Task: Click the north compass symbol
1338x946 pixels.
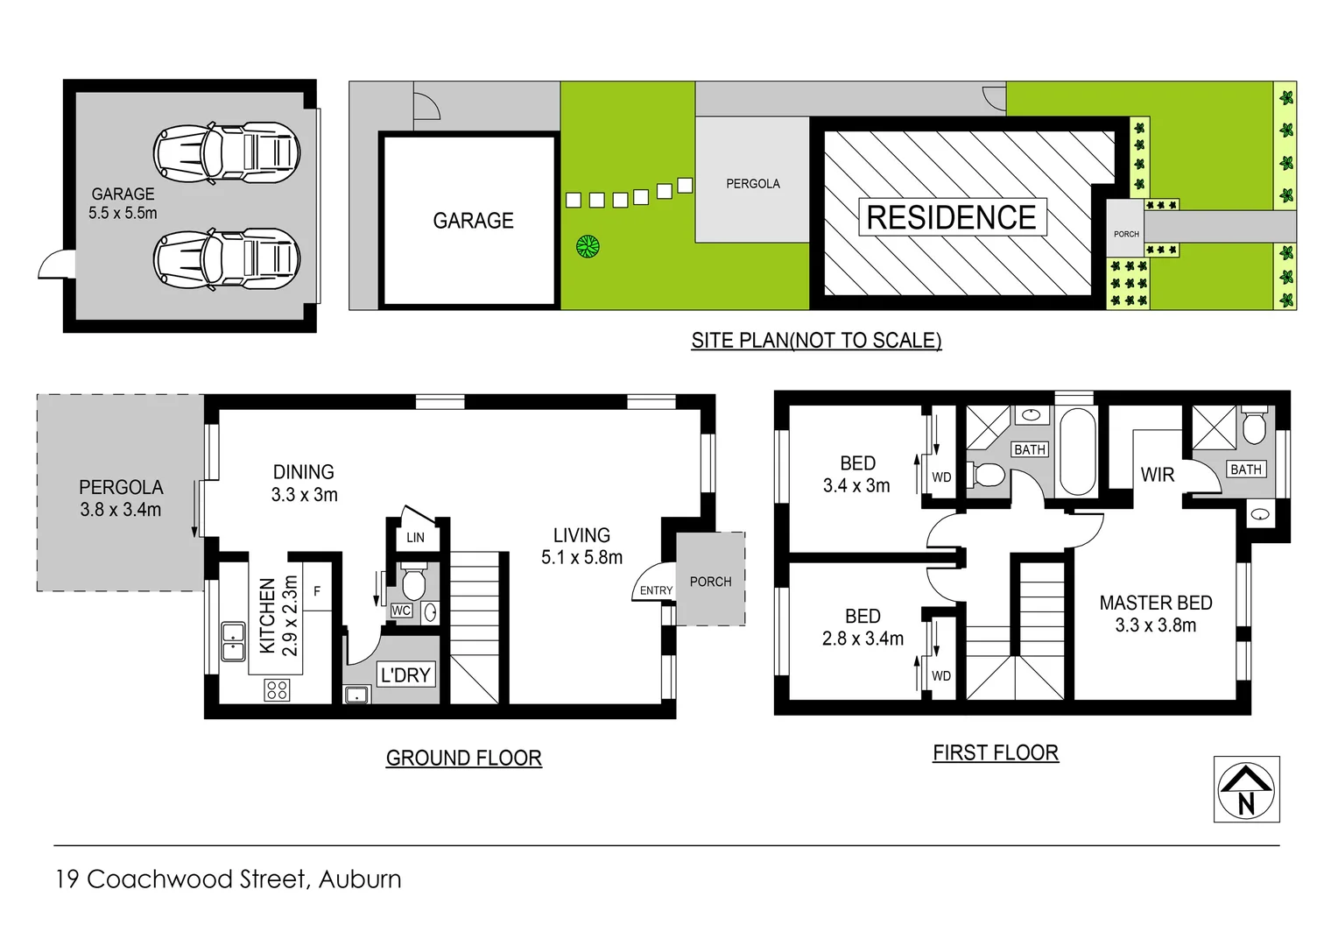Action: [x=1246, y=788]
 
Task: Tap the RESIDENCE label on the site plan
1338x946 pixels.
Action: [x=951, y=217]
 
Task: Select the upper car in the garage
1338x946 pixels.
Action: [x=226, y=152]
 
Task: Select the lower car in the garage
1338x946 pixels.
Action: [x=226, y=258]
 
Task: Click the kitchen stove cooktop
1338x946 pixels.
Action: [x=277, y=690]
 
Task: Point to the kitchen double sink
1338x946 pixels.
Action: [x=233, y=641]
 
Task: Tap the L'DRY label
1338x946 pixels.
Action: [x=405, y=675]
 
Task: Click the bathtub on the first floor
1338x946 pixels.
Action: [x=1077, y=451]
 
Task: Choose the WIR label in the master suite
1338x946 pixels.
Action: [x=1157, y=475]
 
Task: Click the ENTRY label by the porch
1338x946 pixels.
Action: [x=656, y=590]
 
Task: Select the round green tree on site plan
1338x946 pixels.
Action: [x=588, y=246]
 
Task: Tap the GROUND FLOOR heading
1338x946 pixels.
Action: [x=463, y=758]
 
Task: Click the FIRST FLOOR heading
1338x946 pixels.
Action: [x=995, y=752]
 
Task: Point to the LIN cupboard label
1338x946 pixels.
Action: [x=415, y=537]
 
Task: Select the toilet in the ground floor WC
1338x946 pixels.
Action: [x=413, y=581]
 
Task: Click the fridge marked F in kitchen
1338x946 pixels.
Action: [x=317, y=591]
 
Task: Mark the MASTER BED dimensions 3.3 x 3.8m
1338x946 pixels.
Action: [x=1155, y=625]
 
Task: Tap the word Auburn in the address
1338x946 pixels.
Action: [x=360, y=879]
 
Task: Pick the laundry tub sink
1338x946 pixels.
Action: [x=356, y=695]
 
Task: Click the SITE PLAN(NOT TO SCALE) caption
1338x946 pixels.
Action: [x=816, y=340]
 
